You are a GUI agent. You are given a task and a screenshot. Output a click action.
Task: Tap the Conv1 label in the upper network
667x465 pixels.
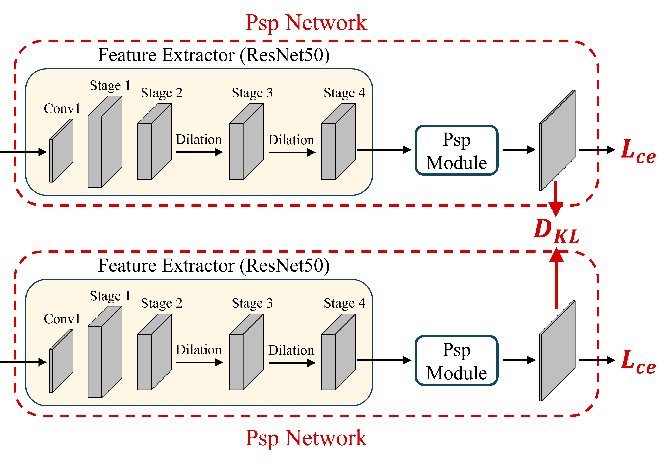point(62,109)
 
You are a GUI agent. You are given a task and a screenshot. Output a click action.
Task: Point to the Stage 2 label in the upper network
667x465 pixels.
point(162,93)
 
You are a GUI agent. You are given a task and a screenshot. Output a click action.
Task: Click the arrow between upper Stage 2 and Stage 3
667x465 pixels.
point(199,152)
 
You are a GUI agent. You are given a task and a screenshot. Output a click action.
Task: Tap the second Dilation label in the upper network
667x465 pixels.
point(291,140)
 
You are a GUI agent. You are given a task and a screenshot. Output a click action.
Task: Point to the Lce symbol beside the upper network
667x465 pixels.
point(638,151)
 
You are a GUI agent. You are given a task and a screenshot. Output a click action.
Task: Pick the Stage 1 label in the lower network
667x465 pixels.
point(110,296)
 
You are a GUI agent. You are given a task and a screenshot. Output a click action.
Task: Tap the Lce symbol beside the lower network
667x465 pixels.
point(638,362)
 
